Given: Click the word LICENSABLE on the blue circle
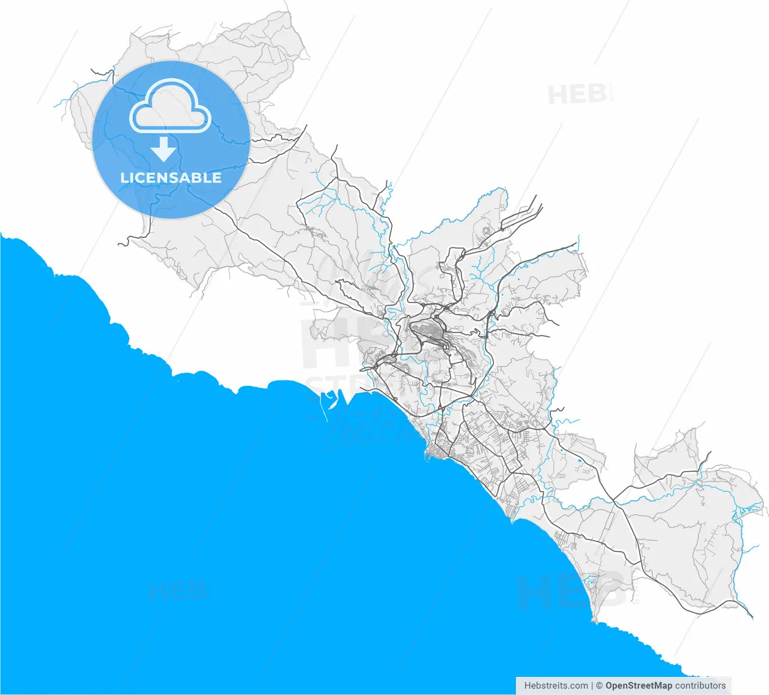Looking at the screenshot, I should click(171, 178).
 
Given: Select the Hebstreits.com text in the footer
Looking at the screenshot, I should click(556, 685).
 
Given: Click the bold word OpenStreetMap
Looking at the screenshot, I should click(639, 685).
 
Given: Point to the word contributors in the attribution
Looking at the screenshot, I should click(701, 685).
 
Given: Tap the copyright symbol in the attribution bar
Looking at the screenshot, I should click(599, 685).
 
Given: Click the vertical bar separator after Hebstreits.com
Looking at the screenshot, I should click(592, 685).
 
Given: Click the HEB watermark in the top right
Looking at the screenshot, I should click(577, 95).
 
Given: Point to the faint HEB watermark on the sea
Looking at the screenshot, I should click(178, 591).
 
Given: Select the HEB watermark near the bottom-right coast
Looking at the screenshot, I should click(568, 591).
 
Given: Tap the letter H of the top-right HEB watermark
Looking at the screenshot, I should click(556, 95).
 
